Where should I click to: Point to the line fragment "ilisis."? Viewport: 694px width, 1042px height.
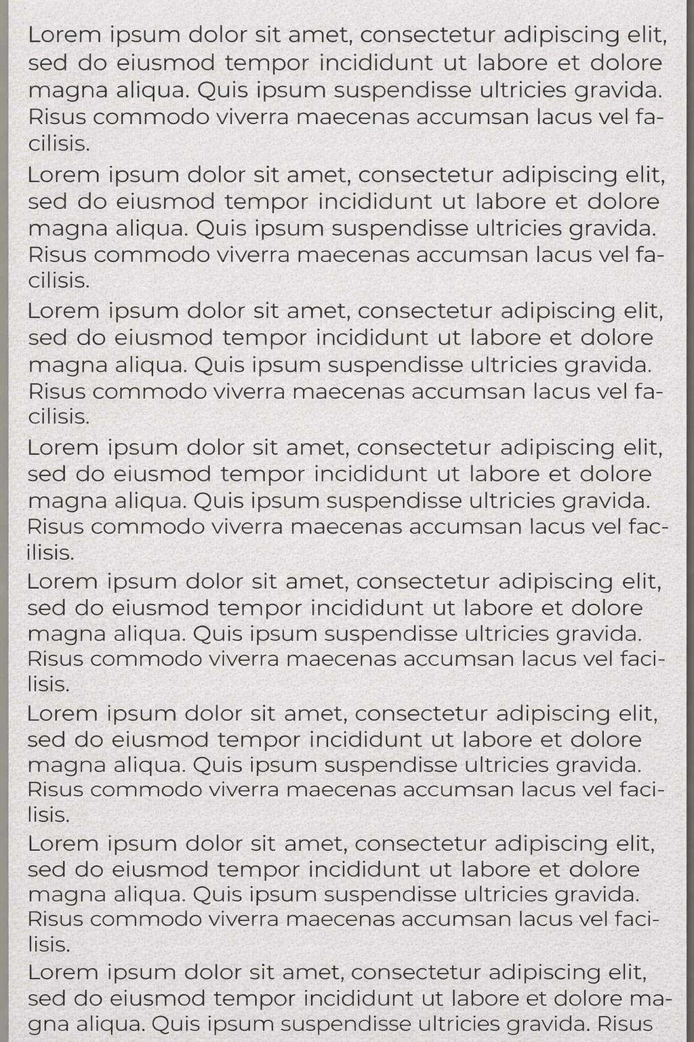pos(50,553)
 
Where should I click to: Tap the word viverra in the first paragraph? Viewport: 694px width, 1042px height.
pos(252,117)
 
